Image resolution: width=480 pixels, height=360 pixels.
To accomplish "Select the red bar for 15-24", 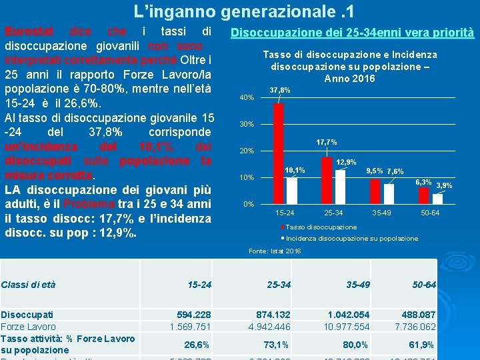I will click(x=279, y=153).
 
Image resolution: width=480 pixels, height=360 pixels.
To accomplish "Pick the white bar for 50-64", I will click(x=437, y=199).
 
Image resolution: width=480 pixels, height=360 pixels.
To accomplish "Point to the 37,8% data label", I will click(x=280, y=90).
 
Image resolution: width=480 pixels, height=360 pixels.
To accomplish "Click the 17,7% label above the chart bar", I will click(x=327, y=142).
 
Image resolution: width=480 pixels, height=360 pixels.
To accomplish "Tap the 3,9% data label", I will click(x=444, y=185).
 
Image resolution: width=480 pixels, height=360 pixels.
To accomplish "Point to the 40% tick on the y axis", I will click(x=246, y=98).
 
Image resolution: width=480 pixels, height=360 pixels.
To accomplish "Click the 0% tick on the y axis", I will click(x=248, y=204).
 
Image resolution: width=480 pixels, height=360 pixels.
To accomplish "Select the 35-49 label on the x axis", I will click(x=381, y=213).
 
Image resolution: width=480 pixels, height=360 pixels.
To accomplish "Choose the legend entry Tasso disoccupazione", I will click(x=321, y=227).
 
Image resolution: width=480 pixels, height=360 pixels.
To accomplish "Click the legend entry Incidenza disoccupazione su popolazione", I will click(x=351, y=238).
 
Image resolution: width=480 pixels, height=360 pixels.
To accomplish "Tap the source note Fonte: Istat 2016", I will click(x=275, y=251).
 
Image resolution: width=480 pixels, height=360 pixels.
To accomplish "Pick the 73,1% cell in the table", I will click(x=277, y=345).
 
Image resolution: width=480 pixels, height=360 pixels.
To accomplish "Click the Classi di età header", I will click(x=28, y=285).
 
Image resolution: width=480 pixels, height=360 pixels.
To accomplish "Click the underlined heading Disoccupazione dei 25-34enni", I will click(x=351, y=33).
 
